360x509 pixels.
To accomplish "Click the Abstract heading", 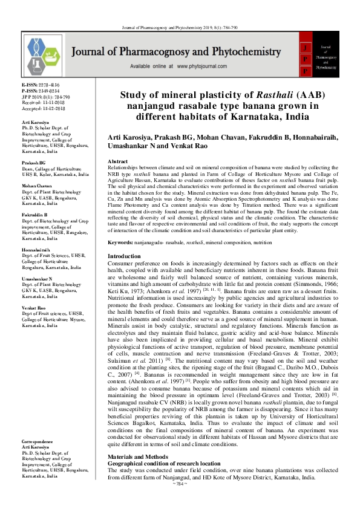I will point(117,162).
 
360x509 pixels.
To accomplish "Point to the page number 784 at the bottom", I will point(179,502).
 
